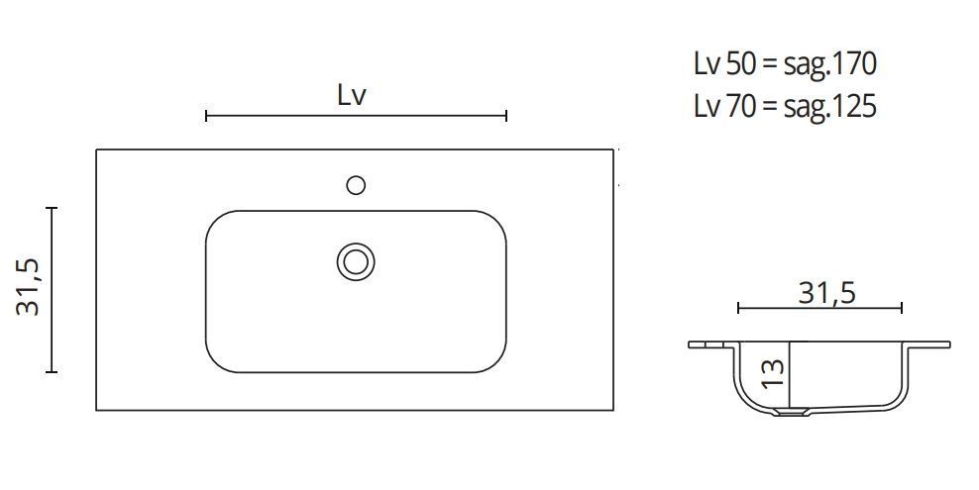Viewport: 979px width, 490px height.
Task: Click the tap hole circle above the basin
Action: tap(356, 184)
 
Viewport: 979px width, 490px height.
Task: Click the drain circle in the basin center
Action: tap(355, 261)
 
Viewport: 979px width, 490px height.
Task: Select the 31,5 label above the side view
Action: tap(825, 292)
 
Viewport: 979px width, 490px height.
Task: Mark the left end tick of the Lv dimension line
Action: tap(205, 117)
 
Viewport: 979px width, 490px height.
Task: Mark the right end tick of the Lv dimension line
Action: tap(506, 117)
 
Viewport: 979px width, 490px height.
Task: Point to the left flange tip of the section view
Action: tap(692, 344)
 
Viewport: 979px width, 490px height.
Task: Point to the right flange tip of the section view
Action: tap(948, 344)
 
